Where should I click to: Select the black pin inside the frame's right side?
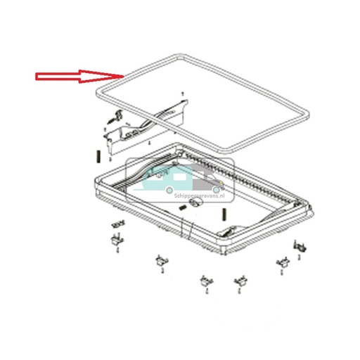click(223, 214)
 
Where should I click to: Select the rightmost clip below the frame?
click(300, 247)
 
